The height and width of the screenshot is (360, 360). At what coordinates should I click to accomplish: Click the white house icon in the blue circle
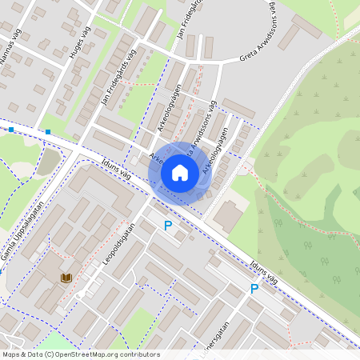pyautogui.click(x=180, y=172)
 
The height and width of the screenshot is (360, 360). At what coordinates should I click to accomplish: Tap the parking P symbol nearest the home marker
pyautogui.click(x=168, y=226)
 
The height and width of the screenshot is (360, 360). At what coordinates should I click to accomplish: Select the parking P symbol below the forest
pyautogui.click(x=254, y=289)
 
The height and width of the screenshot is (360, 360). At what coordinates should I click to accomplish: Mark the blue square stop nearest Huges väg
pyautogui.click(x=49, y=131)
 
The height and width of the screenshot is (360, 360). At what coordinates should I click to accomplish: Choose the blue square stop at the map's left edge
pyautogui.click(x=12, y=129)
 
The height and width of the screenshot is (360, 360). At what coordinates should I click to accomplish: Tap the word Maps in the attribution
pyautogui.click(x=11, y=354)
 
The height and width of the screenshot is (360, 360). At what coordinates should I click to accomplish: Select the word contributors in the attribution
pyautogui.click(x=142, y=354)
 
